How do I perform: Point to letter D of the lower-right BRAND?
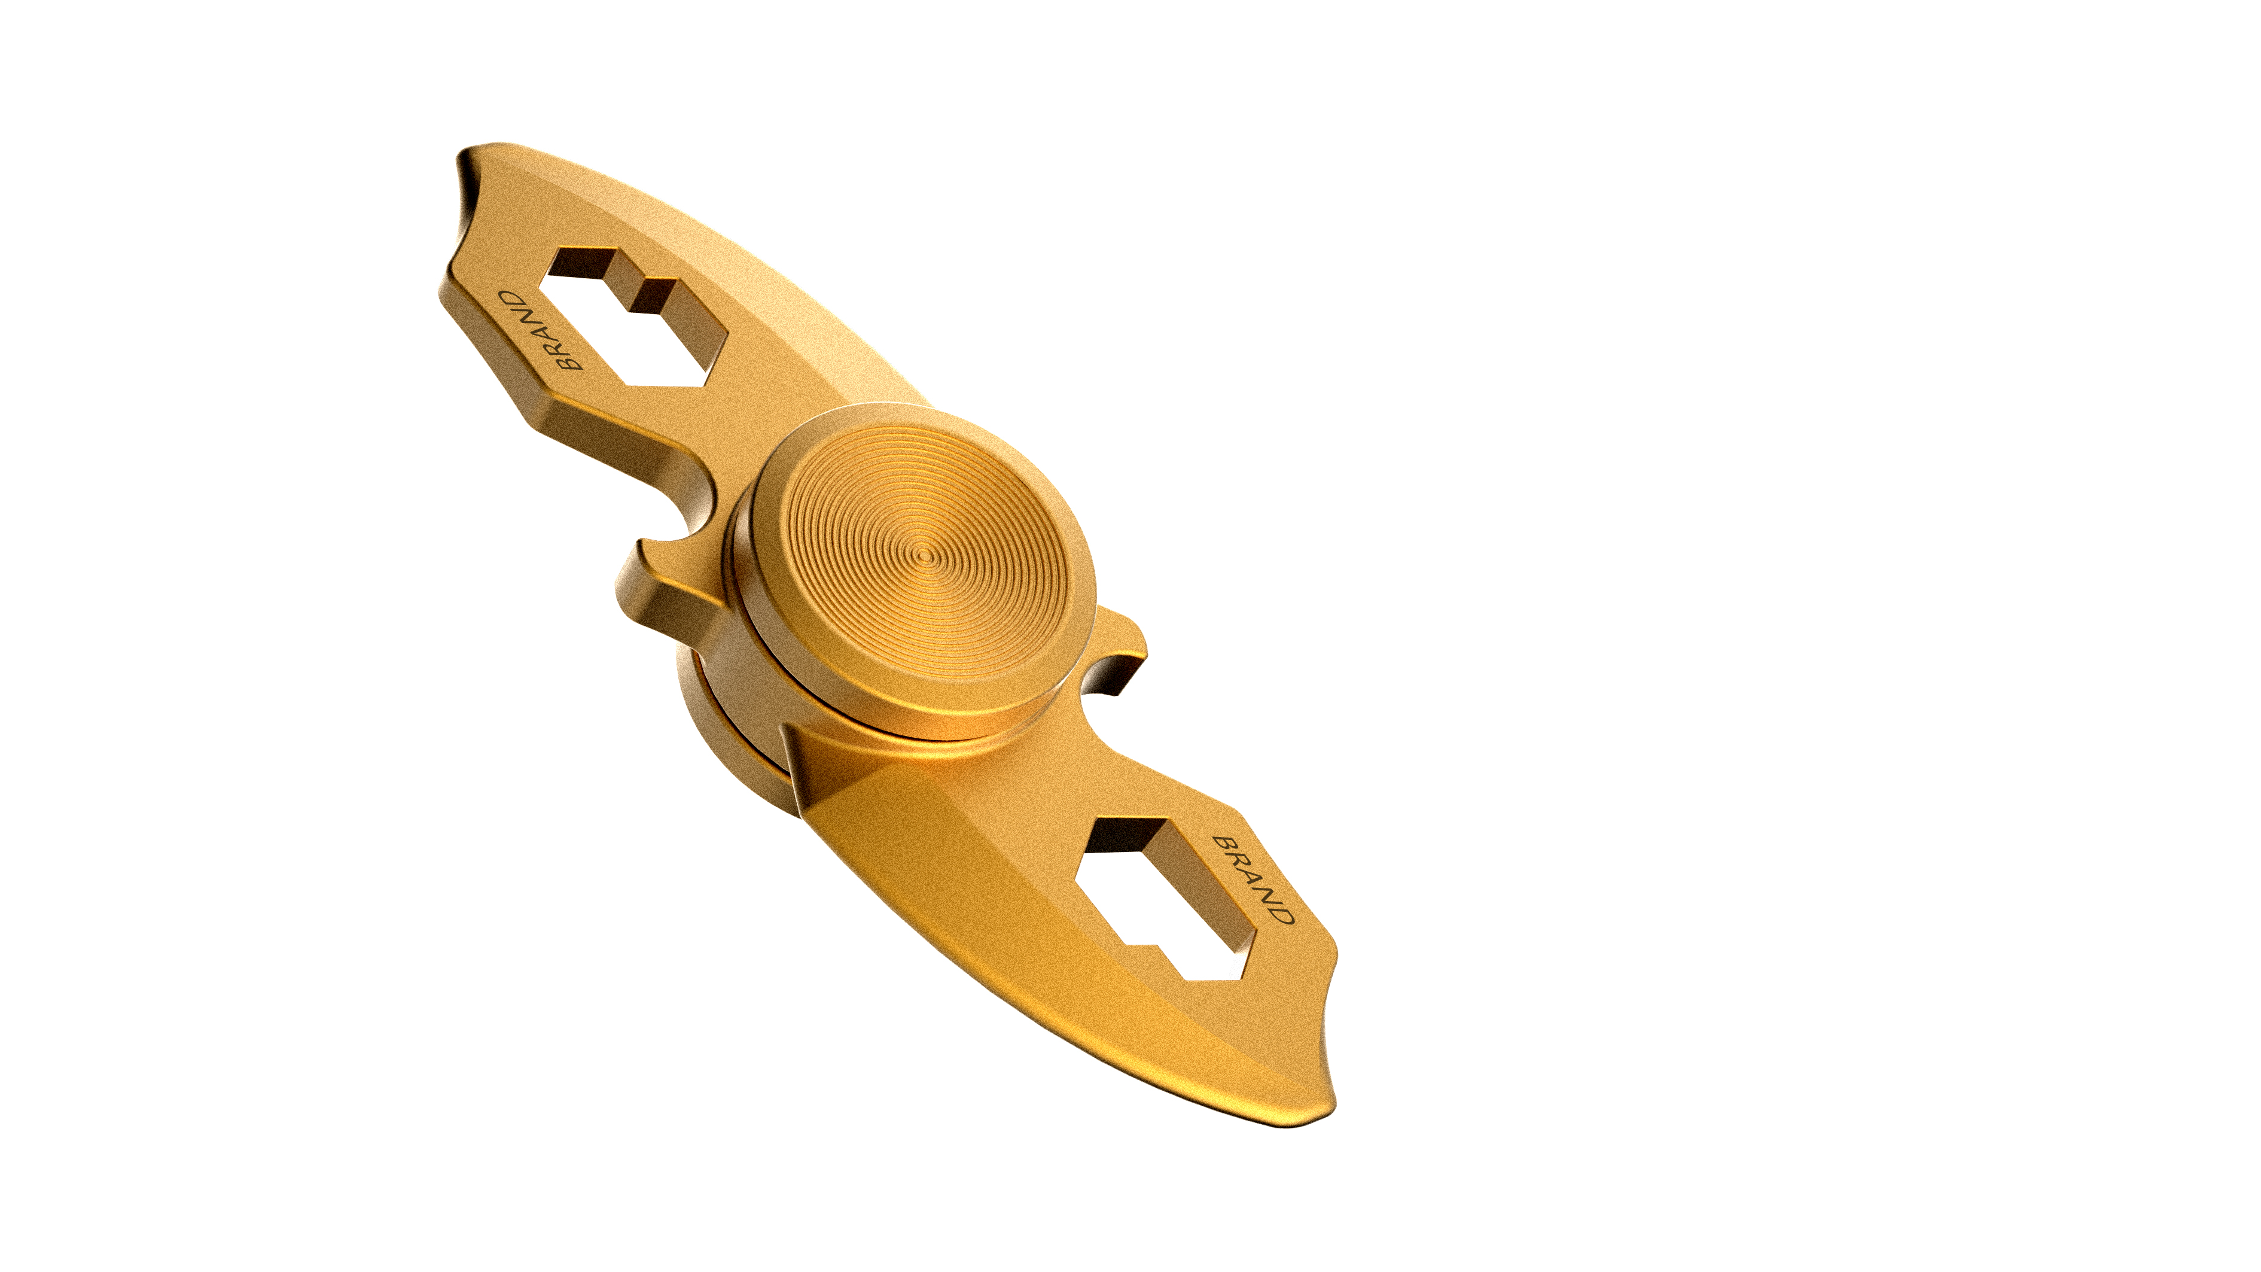point(1282,914)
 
